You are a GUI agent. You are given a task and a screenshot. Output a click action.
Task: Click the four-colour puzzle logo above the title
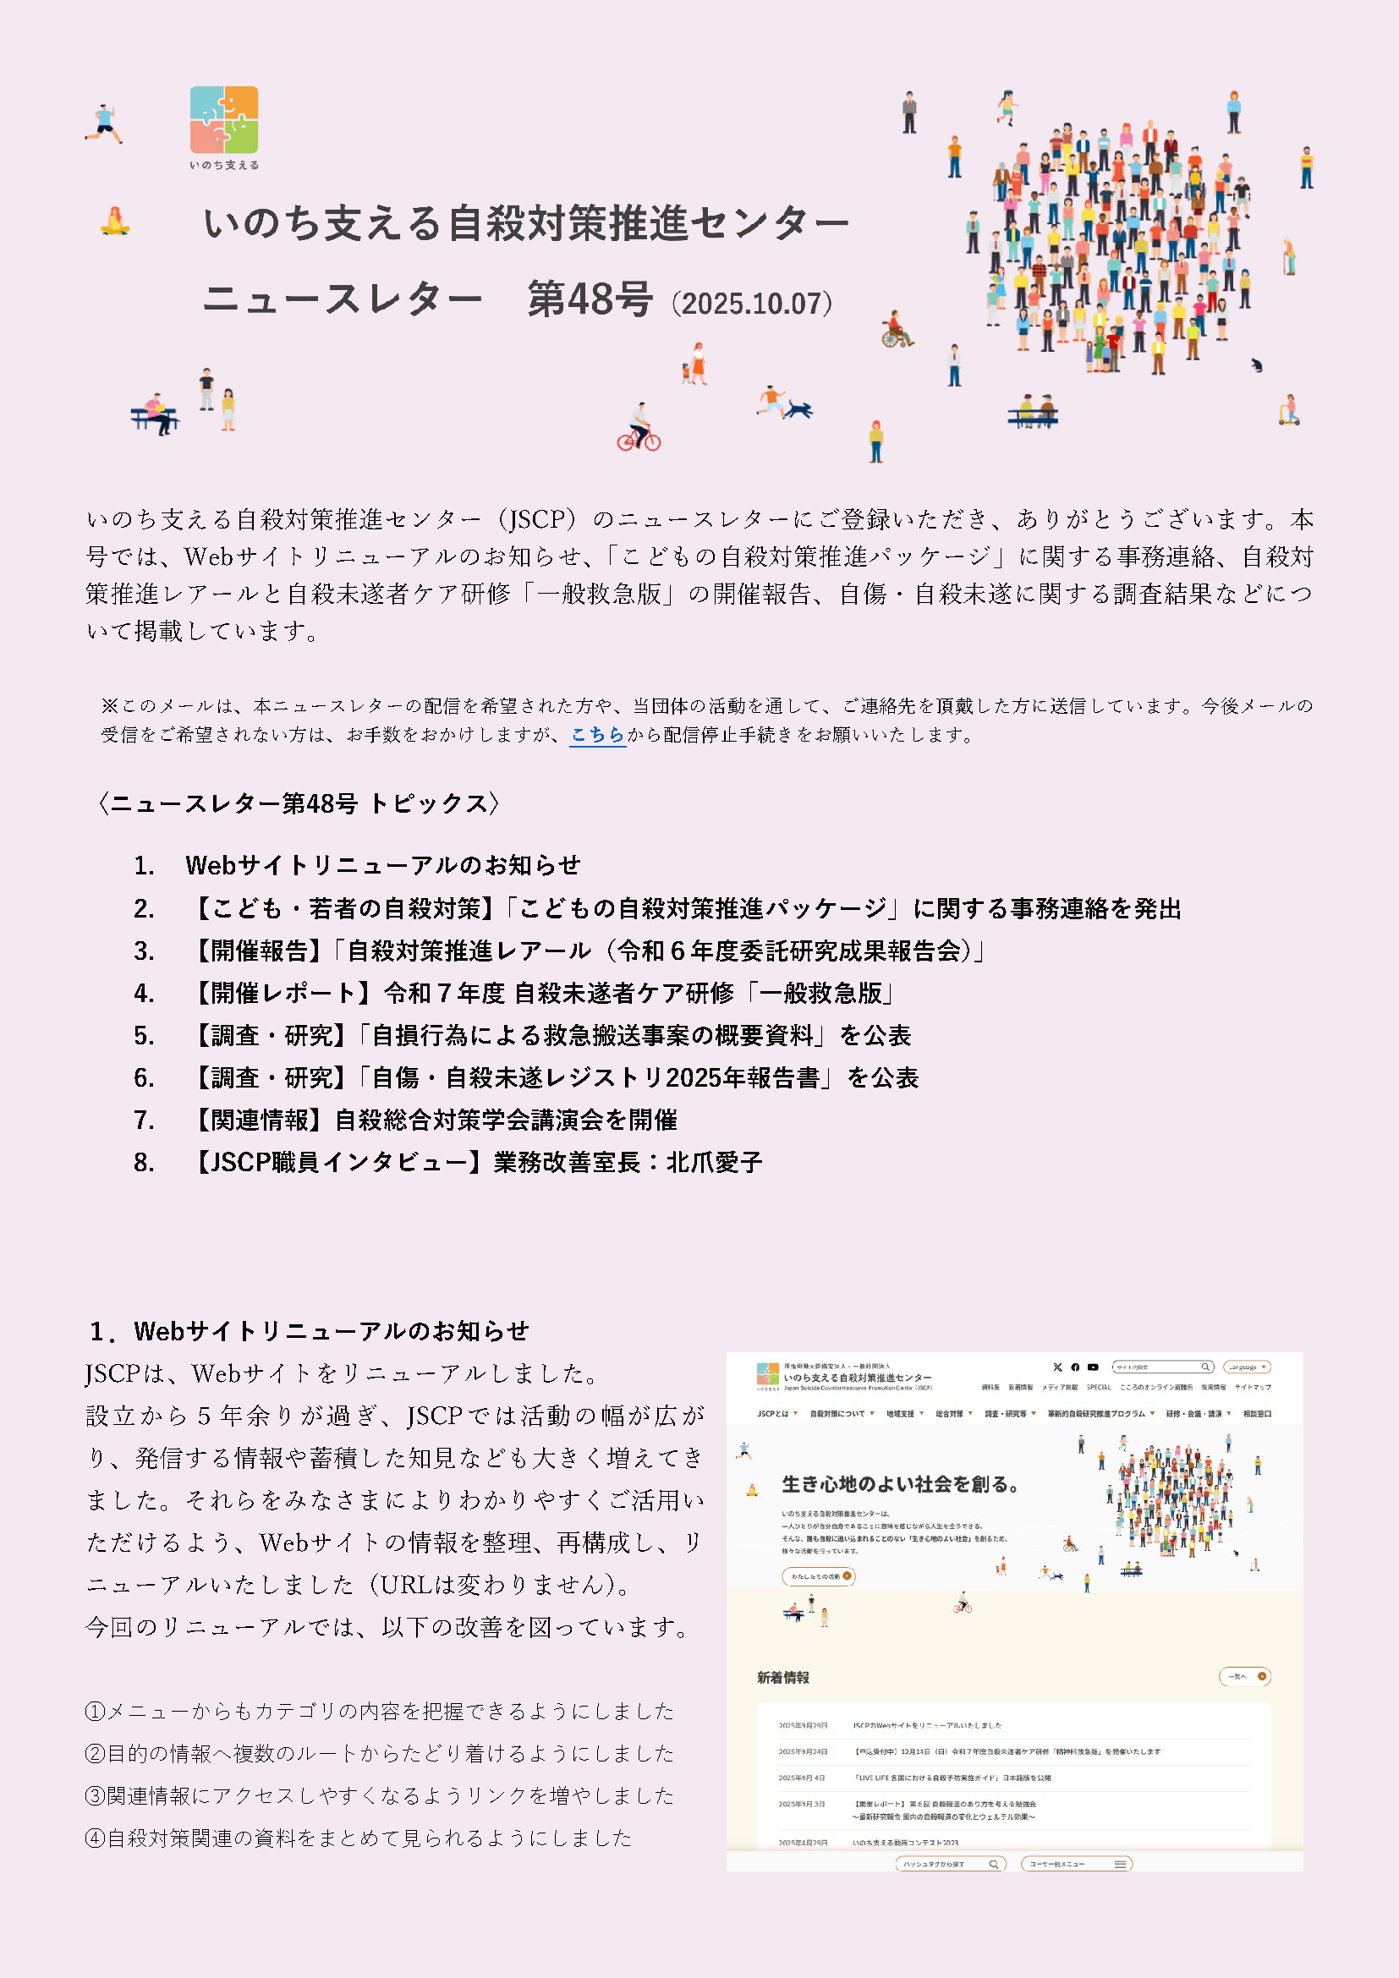click(x=224, y=120)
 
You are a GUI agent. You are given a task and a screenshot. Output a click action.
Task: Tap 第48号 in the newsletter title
click(x=590, y=300)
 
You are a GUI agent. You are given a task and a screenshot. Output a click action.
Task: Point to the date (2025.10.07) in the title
click(x=752, y=304)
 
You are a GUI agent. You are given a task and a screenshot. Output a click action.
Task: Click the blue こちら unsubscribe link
click(x=597, y=735)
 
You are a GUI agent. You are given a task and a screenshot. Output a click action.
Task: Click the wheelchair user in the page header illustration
click(x=896, y=330)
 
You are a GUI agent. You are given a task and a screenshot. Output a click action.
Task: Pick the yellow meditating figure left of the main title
click(x=114, y=222)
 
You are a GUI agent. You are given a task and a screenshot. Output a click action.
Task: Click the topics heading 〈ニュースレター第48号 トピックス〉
click(x=298, y=803)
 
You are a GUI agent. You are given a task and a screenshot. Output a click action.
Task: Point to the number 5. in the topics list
click(x=144, y=1036)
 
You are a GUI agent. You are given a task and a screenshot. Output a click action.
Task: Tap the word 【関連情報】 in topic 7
click(x=260, y=1120)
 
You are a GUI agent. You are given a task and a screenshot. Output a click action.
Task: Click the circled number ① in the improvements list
click(x=95, y=1711)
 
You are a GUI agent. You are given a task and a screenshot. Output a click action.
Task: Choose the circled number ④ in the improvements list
click(x=95, y=1838)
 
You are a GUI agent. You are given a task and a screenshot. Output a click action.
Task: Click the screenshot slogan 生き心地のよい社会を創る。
click(x=901, y=1484)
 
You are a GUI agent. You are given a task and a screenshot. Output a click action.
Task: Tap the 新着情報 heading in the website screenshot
click(x=783, y=1677)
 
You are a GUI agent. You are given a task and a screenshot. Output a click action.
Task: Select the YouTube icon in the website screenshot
click(x=1093, y=1367)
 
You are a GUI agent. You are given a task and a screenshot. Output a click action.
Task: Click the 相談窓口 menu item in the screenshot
click(x=1257, y=1414)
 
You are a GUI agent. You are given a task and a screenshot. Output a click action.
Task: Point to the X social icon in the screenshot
click(x=1058, y=1367)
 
